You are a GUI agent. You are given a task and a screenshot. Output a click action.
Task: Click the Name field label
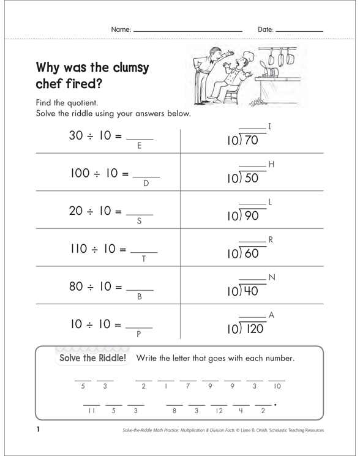coord(121,29)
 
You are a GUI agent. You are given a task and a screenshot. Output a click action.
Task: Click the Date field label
coord(265,29)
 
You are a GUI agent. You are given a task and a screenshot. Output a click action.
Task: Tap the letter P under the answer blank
coord(139,334)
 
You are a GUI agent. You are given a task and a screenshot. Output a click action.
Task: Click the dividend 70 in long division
coord(250,141)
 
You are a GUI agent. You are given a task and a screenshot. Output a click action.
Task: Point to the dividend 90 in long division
coord(250,215)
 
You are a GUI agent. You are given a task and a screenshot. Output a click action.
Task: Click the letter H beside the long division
coord(271,165)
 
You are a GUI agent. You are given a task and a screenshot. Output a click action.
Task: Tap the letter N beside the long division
coord(272,277)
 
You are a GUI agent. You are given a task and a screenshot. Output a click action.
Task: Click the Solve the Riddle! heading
coord(91,358)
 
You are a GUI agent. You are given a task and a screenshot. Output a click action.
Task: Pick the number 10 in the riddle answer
coord(277,386)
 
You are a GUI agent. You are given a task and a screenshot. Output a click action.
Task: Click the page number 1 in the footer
coord(37,430)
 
